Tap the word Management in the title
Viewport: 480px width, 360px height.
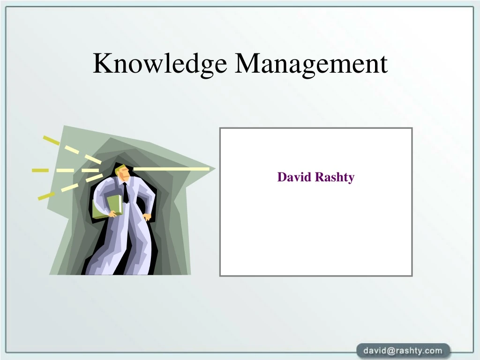311,64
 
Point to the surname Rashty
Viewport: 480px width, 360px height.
334,177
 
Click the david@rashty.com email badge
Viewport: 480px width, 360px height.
403,351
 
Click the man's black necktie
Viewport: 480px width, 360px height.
125,192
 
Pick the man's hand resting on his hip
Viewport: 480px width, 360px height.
147,217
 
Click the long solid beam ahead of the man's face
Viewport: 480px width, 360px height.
171,169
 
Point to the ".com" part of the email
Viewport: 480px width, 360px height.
434,351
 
